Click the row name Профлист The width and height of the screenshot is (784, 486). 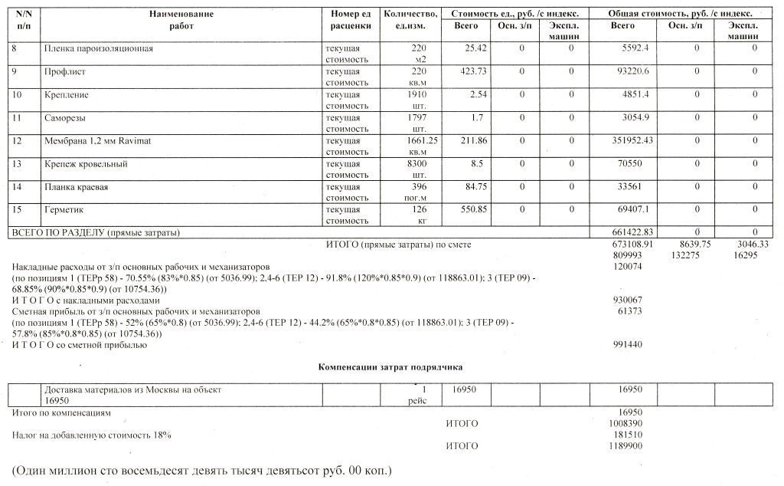click(65, 72)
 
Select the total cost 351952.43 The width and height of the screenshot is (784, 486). click(632, 141)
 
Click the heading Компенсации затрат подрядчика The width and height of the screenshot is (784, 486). click(390, 368)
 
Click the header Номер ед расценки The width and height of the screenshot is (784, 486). click(351, 20)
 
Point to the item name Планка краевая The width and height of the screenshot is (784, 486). click(77, 187)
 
